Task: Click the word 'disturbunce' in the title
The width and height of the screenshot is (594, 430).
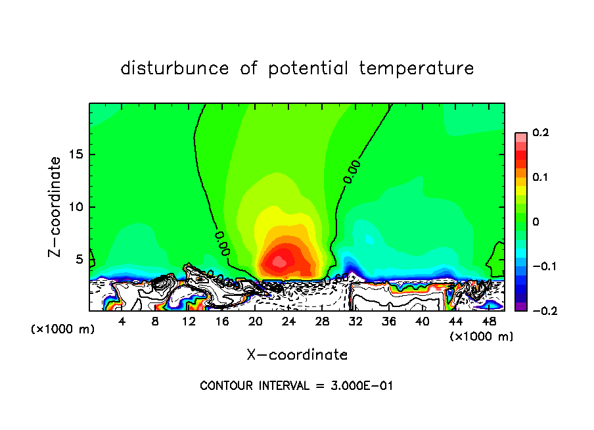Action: [x=175, y=68]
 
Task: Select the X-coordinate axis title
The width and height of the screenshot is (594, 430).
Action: [x=297, y=355]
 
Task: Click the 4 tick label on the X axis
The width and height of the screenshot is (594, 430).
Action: [x=122, y=322]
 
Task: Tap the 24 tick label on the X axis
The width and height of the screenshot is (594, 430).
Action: [x=289, y=322]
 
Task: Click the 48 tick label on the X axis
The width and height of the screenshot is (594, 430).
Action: [x=489, y=322]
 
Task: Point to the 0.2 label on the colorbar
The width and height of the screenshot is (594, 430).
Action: [x=540, y=133]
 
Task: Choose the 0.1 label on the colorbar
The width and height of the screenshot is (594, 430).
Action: [x=540, y=178]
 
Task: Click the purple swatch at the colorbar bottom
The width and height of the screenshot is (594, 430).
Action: [x=520, y=306]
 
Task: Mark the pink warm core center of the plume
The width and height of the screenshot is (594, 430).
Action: [x=280, y=261]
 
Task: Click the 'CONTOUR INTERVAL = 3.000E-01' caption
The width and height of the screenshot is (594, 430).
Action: [x=296, y=386]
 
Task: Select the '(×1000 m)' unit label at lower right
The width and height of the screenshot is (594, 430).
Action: [x=481, y=337]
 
